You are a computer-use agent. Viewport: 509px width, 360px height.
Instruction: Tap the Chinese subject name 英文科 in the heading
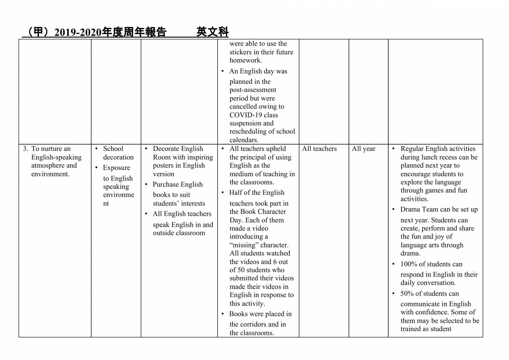click(212, 32)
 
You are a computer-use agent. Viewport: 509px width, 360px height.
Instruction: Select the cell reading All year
click(363, 149)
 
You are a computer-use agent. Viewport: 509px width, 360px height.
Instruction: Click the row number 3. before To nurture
click(26, 149)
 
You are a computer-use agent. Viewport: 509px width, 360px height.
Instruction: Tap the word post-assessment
click(253, 90)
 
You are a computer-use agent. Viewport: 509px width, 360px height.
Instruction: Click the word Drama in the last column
click(409, 209)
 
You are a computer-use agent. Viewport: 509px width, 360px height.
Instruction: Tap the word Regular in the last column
click(412, 149)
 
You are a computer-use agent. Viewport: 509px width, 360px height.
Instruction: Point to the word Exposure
click(116, 168)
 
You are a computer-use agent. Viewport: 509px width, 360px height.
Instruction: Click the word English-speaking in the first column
click(56, 157)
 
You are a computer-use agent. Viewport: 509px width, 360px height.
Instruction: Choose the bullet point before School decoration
click(96, 149)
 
